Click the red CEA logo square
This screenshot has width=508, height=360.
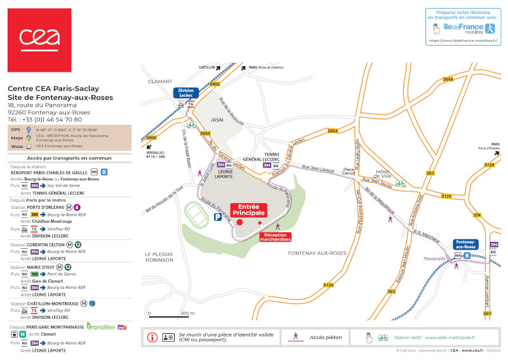39,40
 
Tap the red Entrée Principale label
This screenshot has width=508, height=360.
248,210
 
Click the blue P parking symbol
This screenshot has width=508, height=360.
218,217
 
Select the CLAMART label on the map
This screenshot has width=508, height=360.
160,81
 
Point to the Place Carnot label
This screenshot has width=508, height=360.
348,172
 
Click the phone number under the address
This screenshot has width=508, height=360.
44,119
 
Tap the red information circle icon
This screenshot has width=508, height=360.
152,337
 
